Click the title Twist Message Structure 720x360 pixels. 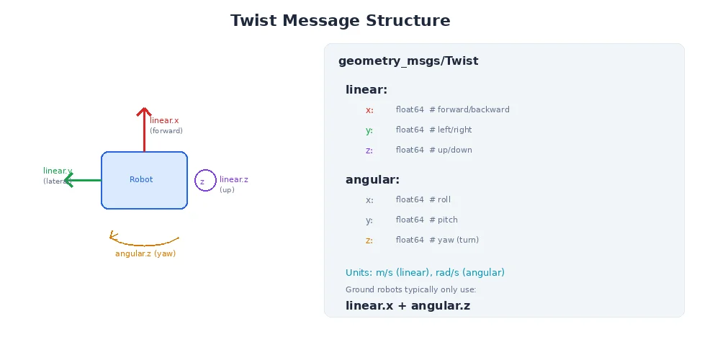click(x=340, y=21)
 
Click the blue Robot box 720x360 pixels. click(x=144, y=180)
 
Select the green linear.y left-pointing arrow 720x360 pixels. click(x=82, y=180)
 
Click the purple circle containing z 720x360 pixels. click(x=205, y=181)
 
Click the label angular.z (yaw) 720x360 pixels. click(x=145, y=253)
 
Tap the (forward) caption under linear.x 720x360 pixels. click(x=166, y=131)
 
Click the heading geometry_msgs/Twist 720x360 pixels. click(x=408, y=61)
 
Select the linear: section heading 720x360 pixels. click(x=366, y=90)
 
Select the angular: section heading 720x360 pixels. click(x=372, y=180)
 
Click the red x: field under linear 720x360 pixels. click(x=369, y=110)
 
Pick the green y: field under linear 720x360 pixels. click(x=369, y=130)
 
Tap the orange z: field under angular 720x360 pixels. click(x=369, y=240)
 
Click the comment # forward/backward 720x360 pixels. click(x=469, y=110)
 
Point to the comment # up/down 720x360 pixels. click(x=451, y=150)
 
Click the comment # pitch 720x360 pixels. click(x=444, y=220)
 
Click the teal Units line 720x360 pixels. click(x=425, y=273)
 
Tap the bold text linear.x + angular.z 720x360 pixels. click(x=408, y=306)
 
